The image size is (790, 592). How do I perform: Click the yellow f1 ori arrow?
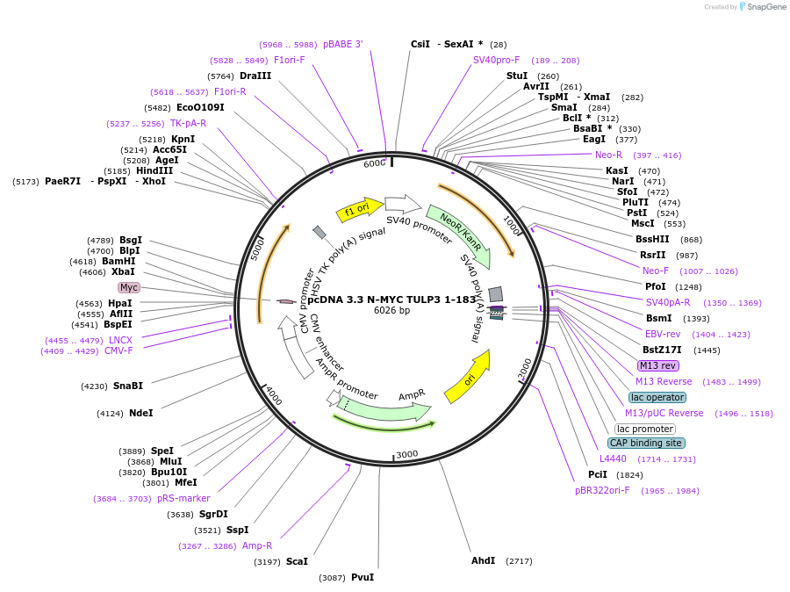pyautogui.click(x=359, y=211)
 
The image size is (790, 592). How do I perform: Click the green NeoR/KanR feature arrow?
pyautogui.click(x=458, y=233)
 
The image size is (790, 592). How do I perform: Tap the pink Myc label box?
pyautogui.click(x=129, y=287)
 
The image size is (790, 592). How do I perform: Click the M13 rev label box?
pyautogui.click(x=657, y=365)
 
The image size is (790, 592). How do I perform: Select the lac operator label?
pyautogui.click(x=657, y=397)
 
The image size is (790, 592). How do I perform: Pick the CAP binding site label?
pyautogui.click(x=646, y=443)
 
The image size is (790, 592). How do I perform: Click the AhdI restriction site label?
pyautogui.click(x=484, y=560)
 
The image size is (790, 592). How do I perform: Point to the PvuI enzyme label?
pyautogui.click(x=363, y=577)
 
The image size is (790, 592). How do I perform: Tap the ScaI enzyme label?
pyautogui.click(x=297, y=561)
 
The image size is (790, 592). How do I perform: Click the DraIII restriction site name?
pyautogui.click(x=255, y=76)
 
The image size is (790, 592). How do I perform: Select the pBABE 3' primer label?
pyautogui.click(x=342, y=44)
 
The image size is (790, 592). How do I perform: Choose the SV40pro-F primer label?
pyautogui.click(x=496, y=60)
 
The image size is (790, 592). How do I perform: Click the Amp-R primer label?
pyautogui.click(x=257, y=545)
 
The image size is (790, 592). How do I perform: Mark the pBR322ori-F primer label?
pyautogui.click(x=602, y=490)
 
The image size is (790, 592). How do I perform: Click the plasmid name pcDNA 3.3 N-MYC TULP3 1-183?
pyautogui.click(x=392, y=299)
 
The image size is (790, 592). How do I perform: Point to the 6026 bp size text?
pyautogui.click(x=391, y=310)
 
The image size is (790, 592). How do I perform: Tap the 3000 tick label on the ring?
pyautogui.click(x=407, y=454)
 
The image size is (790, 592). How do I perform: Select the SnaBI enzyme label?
pyautogui.click(x=128, y=386)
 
